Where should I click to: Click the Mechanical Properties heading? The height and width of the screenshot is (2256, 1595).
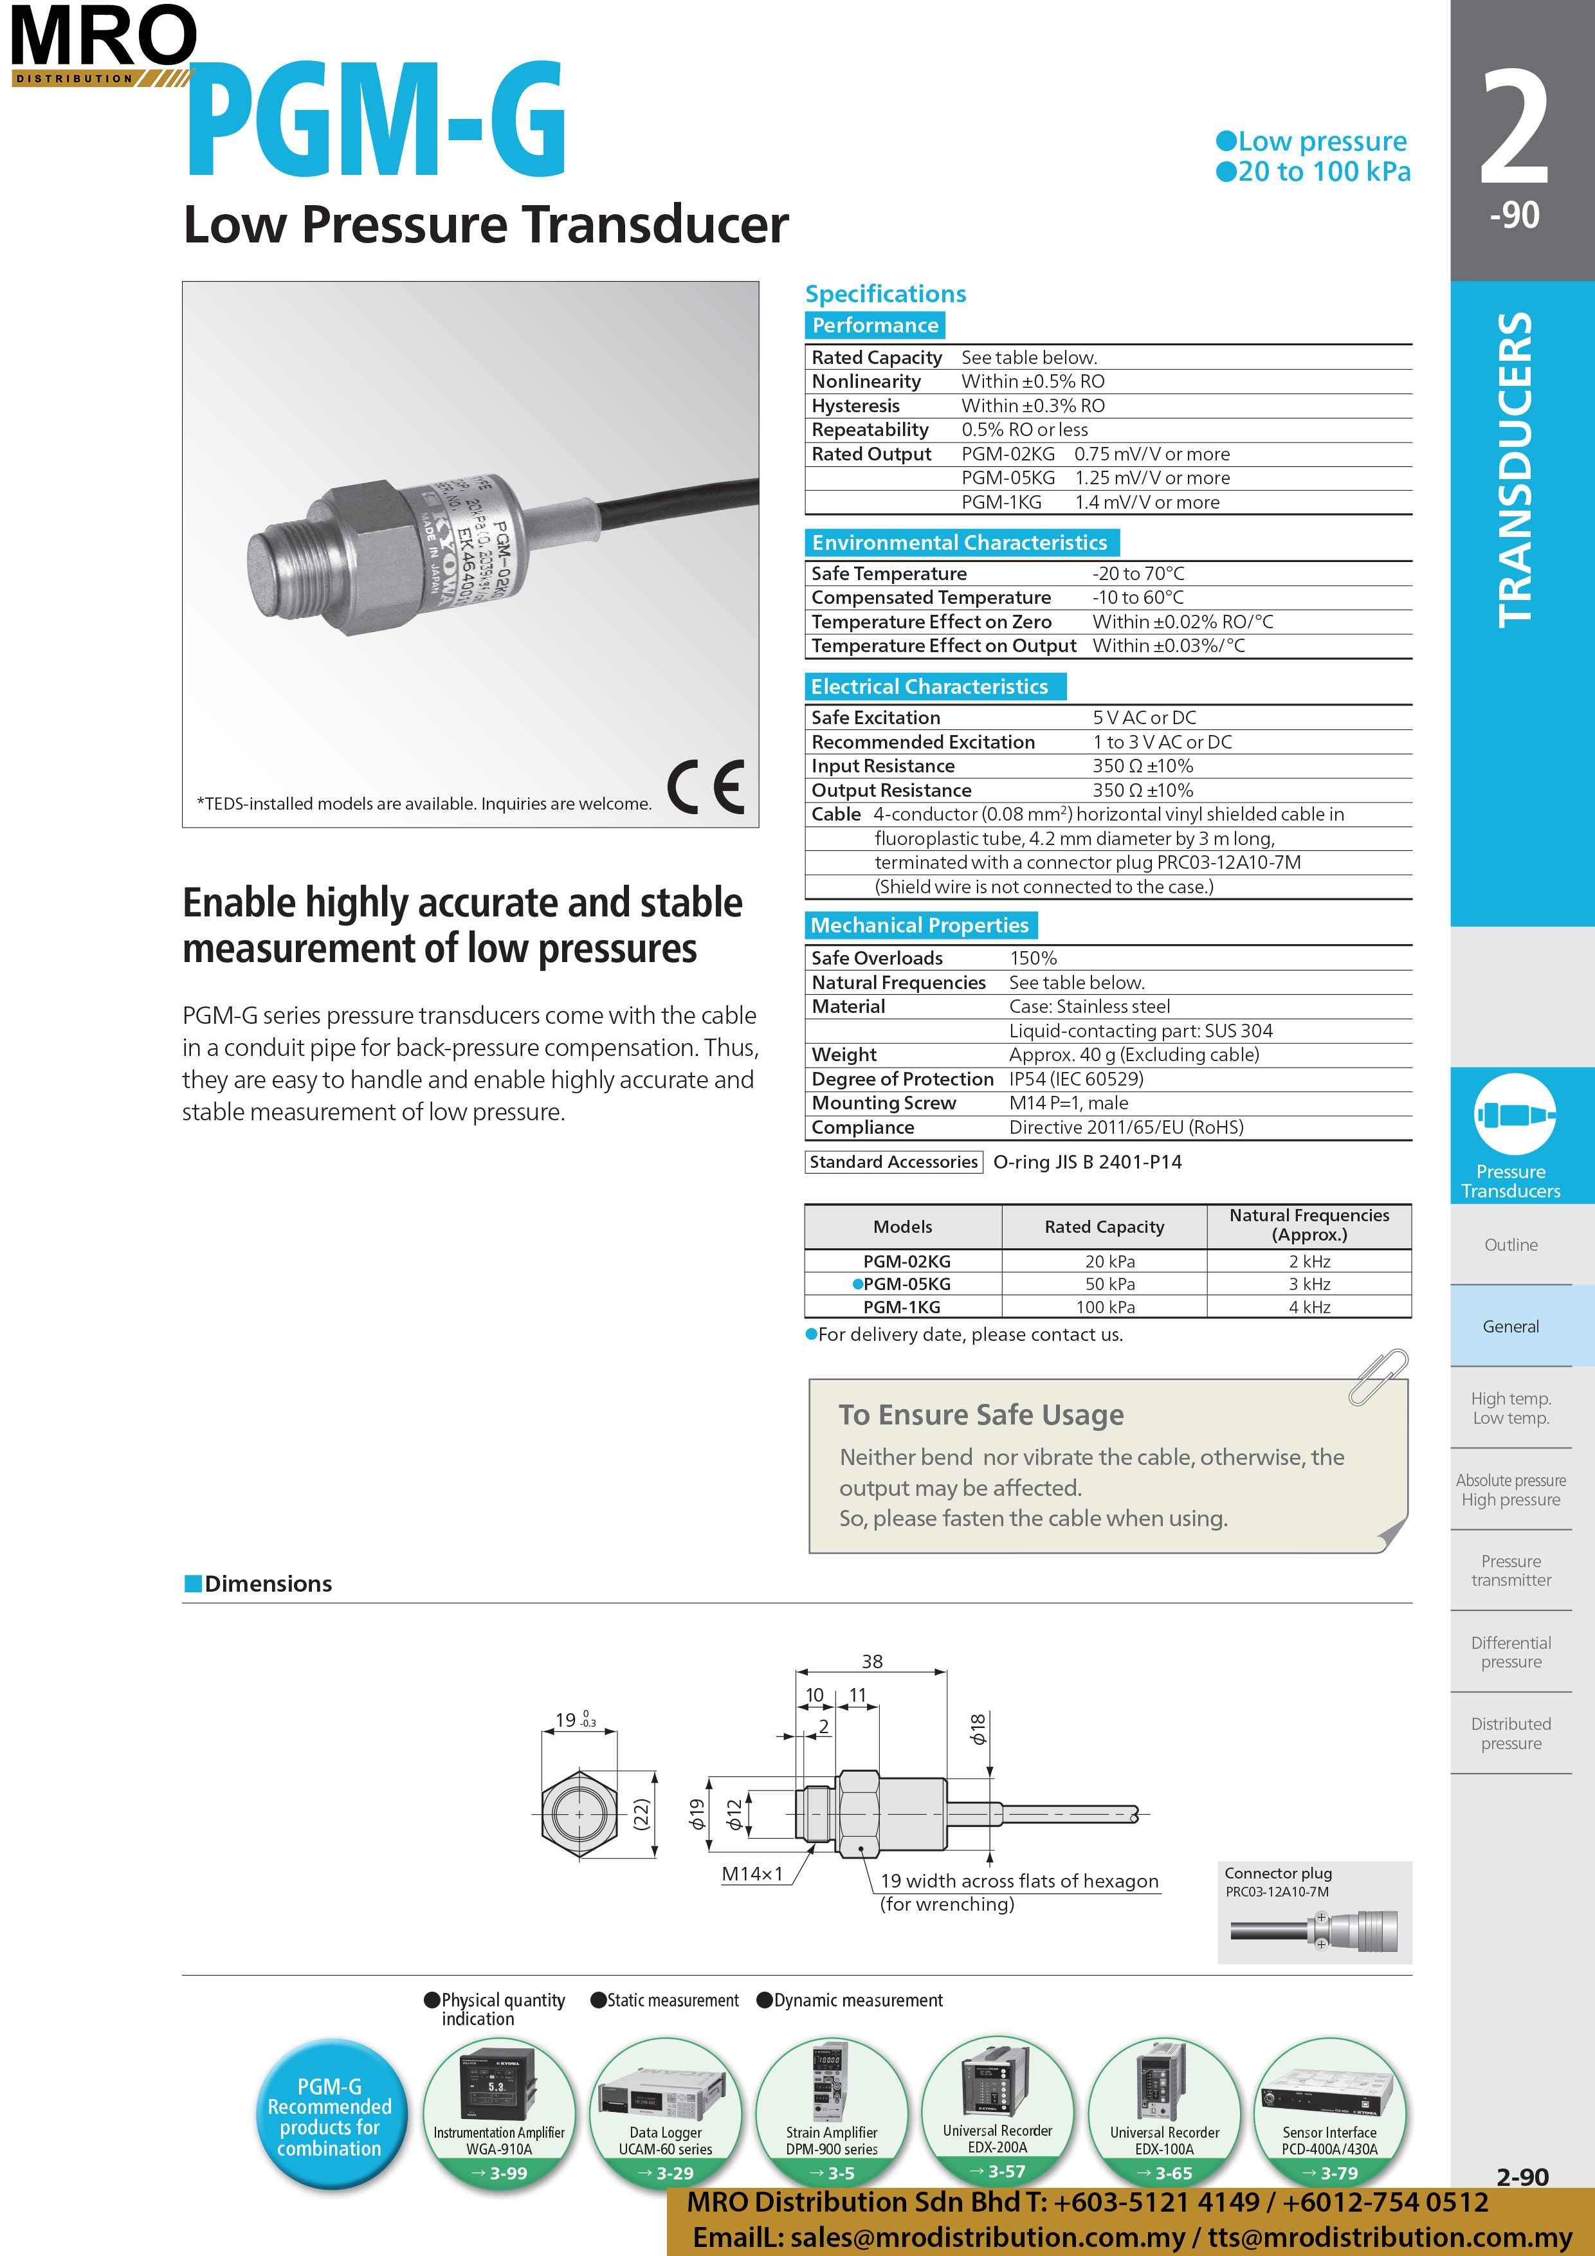(x=919, y=925)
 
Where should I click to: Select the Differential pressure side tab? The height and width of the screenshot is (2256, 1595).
(x=1511, y=1651)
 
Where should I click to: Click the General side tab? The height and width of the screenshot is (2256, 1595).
(x=1511, y=1327)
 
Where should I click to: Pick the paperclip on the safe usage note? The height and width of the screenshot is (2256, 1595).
(x=1379, y=1376)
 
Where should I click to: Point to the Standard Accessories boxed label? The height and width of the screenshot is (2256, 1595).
(x=893, y=1162)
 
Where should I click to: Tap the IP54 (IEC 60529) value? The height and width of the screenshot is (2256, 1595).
(x=1076, y=1079)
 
